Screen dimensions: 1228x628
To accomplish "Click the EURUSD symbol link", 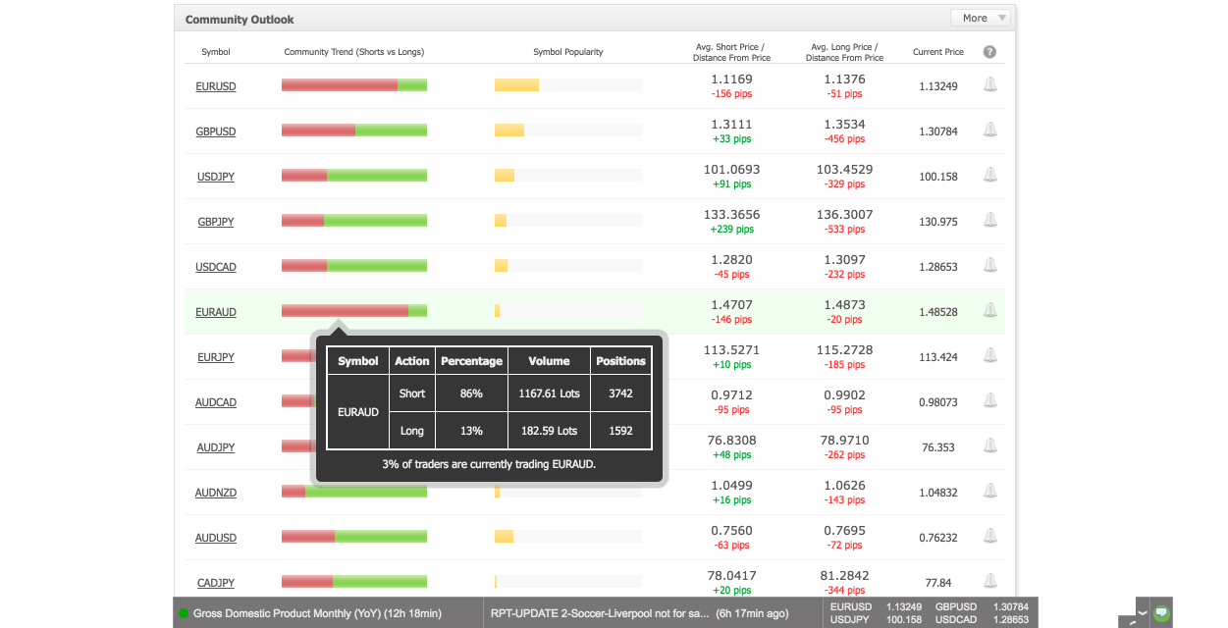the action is [x=215, y=86].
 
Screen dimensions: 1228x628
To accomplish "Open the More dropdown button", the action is [x=983, y=18].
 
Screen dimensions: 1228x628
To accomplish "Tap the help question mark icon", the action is [x=989, y=52].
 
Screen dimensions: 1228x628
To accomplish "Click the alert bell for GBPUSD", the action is [x=990, y=130].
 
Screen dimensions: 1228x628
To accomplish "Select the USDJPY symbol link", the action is [x=215, y=177].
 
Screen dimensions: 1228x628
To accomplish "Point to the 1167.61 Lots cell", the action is [x=549, y=393].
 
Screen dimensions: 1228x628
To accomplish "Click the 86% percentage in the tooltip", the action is [x=471, y=393].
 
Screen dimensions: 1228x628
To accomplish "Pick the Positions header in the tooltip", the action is [x=620, y=361].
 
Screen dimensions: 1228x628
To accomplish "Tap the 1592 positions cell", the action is [x=620, y=431].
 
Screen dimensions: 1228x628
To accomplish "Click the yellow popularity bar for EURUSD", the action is [x=516, y=85].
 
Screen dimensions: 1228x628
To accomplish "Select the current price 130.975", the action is [x=938, y=222].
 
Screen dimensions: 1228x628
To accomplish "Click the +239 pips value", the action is [x=732, y=229].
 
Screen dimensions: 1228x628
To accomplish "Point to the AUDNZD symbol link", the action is [x=215, y=493].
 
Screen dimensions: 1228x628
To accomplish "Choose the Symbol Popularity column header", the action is [x=568, y=52].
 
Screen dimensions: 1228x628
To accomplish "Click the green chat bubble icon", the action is [x=1161, y=612].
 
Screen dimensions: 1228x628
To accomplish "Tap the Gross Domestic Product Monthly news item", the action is [x=317, y=613].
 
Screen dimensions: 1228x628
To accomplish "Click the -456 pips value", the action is [x=844, y=139].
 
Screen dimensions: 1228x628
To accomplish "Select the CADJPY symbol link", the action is [x=215, y=583].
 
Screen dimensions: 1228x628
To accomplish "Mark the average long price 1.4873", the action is [x=844, y=305].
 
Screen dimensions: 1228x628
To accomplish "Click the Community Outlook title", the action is [x=239, y=20].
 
